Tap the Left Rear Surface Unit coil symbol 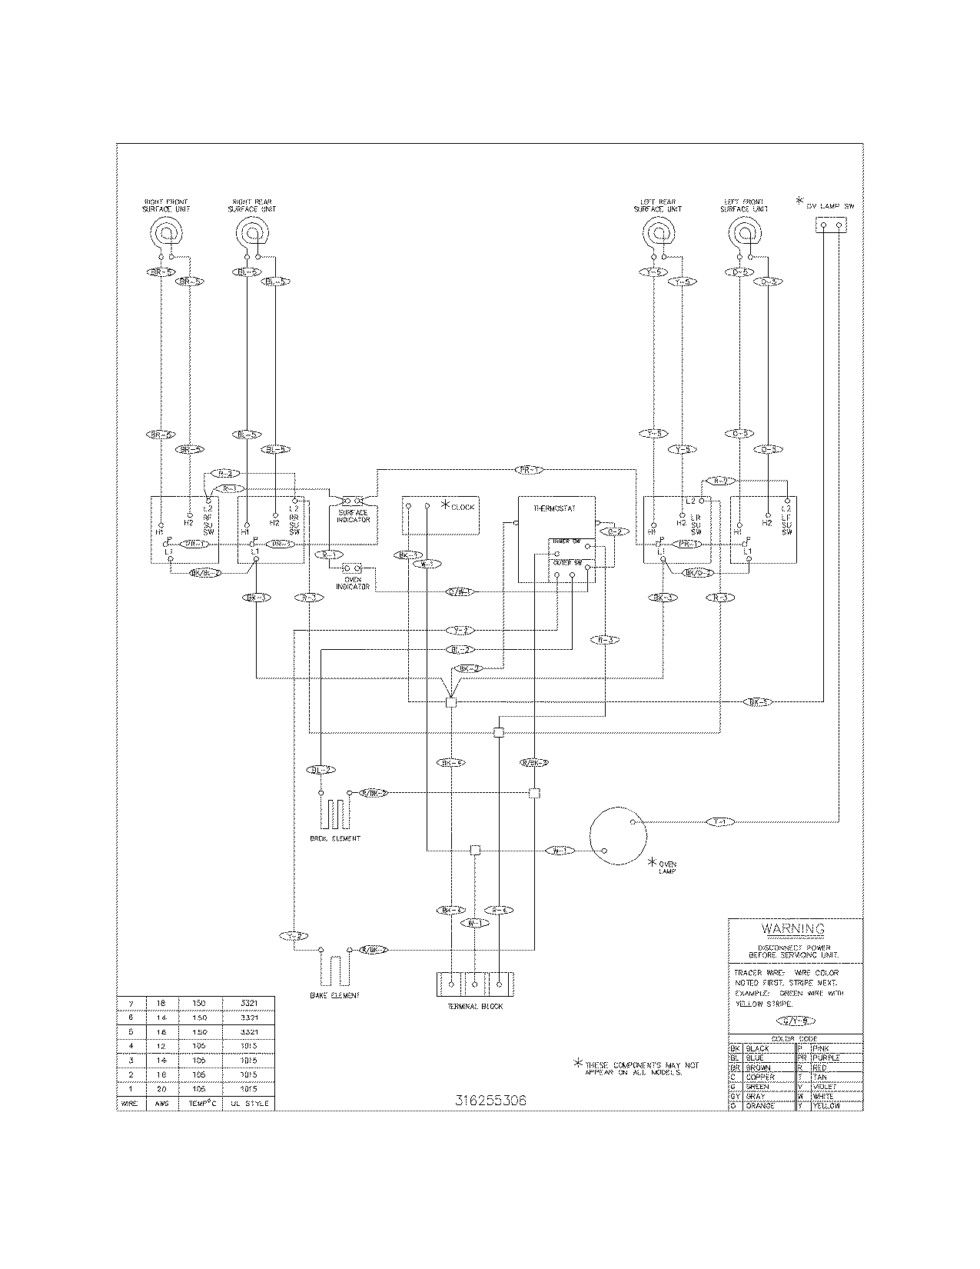(x=659, y=232)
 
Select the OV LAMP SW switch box (x=831, y=225)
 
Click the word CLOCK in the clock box (x=463, y=507)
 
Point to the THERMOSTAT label (x=554, y=508)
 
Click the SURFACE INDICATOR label (x=354, y=515)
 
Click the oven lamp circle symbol (x=618, y=837)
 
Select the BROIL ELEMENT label (x=334, y=838)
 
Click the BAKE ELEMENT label (x=334, y=995)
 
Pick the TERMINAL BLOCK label (x=475, y=1006)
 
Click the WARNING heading (x=796, y=928)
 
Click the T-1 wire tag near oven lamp (x=720, y=822)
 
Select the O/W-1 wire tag (x=461, y=591)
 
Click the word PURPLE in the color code (x=826, y=1057)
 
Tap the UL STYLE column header (x=247, y=1102)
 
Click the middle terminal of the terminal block (x=475, y=984)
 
